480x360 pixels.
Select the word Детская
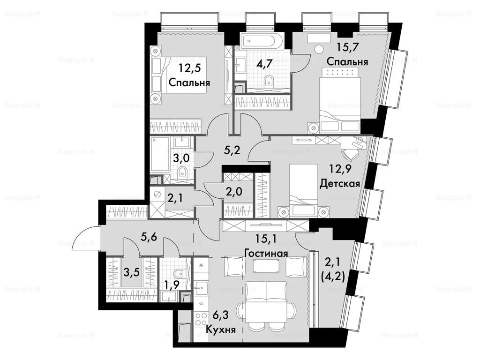(339, 183)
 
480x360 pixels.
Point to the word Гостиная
(266, 253)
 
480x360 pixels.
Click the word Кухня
(220, 330)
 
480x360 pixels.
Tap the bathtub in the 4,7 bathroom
(262, 40)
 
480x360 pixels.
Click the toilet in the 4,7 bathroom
(269, 81)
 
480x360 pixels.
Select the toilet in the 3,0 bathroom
(182, 172)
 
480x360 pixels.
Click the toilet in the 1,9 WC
(177, 273)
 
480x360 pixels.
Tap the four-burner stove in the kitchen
(201, 319)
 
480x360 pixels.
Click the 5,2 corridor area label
(230, 150)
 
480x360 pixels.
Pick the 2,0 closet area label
(234, 192)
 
